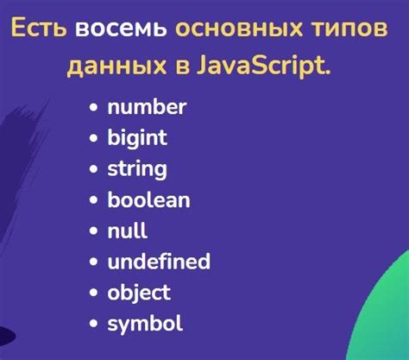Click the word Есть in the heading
[40, 30]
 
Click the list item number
[147, 108]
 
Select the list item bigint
[137, 137]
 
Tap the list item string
[137, 169]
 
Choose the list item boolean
[148, 200]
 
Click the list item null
[127, 231]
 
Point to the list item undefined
[159, 262]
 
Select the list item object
[139, 293]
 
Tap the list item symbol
[145, 324]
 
